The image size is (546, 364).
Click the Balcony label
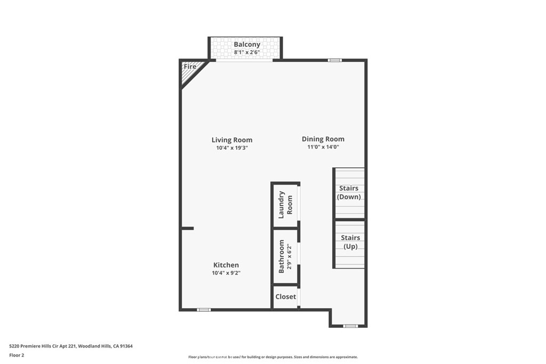coord(247,45)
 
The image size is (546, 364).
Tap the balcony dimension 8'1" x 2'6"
coord(247,53)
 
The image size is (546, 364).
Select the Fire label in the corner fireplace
coord(190,67)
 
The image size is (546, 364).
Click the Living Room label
coord(232,140)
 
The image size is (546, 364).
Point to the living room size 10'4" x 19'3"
coord(232,148)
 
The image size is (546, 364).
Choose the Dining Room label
coord(323,139)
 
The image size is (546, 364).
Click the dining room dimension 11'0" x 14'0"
coord(323,147)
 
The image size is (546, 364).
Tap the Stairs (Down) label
coord(349,192)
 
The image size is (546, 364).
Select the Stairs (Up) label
coord(350,242)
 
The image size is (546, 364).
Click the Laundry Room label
coord(286,205)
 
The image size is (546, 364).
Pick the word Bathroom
coord(282,256)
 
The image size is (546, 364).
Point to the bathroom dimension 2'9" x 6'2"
coord(289,256)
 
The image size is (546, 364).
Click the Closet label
coord(286,297)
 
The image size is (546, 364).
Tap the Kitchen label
coord(226,265)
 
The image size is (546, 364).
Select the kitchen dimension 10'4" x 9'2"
coord(226,273)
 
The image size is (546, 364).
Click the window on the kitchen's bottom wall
coord(204,310)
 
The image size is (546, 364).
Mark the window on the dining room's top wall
coord(335,60)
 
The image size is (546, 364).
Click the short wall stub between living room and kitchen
coord(188,228)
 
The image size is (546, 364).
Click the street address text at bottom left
coord(71,346)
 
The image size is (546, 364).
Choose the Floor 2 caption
coord(17,355)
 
